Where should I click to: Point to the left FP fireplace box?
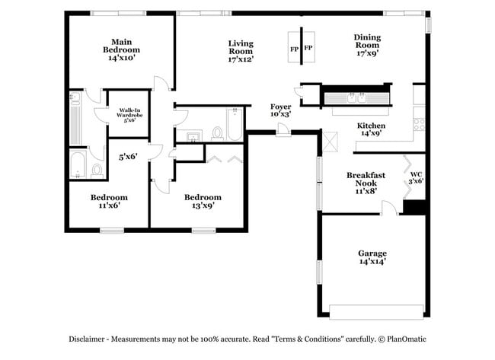click(x=294, y=48)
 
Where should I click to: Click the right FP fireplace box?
click(x=308, y=48)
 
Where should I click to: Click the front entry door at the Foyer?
click(x=283, y=131)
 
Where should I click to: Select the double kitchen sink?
click(x=356, y=97)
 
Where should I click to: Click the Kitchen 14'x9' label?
click(x=372, y=129)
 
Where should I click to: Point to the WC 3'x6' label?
click(x=416, y=179)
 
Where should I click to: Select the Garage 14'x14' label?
click(x=372, y=257)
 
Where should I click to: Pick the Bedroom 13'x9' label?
click(x=203, y=201)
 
